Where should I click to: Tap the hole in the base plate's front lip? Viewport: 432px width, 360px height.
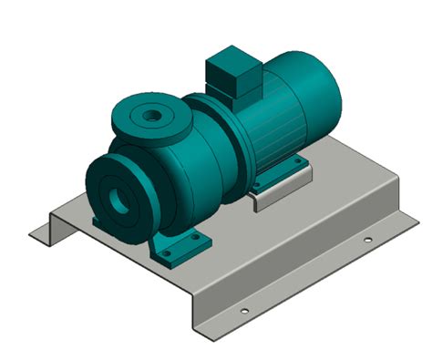[x=243, y=311]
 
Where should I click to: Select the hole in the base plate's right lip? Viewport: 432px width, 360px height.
[x=367, y=241]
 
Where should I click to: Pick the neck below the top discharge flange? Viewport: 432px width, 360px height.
[x=155, y=141]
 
